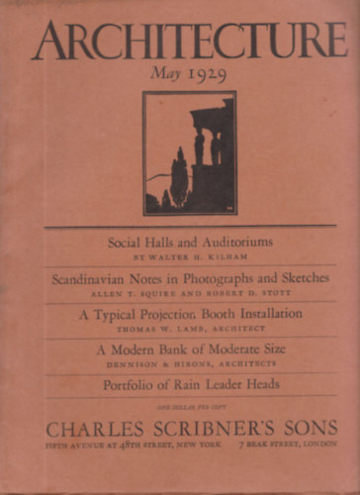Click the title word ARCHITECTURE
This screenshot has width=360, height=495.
189,41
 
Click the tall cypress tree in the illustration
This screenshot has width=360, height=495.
179,178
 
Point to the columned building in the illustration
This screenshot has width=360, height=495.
212,148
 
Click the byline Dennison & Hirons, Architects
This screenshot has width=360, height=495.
191,362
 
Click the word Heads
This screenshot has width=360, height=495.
260,383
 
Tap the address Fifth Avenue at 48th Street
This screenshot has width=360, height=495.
104,446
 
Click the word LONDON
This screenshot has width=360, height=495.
315,446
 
